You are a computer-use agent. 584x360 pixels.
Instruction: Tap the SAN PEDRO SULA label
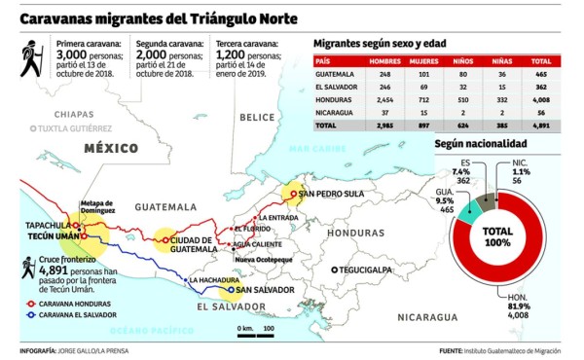coord(333,194)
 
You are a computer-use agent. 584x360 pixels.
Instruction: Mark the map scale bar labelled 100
coord(255,336)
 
